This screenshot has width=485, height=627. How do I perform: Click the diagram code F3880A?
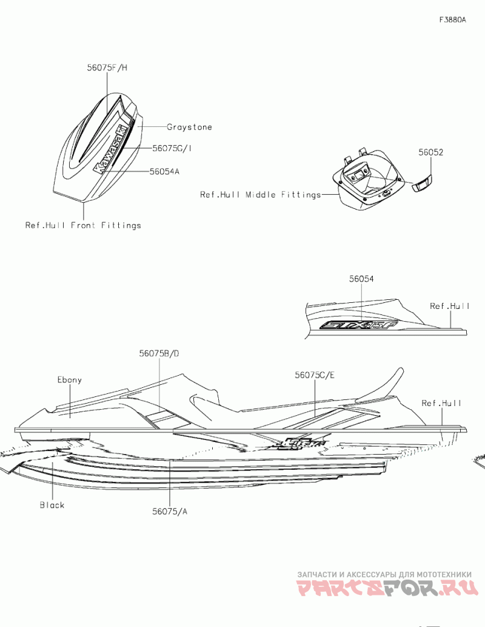[453, 20]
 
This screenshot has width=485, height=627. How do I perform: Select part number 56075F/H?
[107, 69]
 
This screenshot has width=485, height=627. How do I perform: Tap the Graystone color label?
[190, 127]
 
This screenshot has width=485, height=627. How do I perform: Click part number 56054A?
[165, 172]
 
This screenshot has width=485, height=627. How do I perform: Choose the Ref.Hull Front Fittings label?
[83, 225]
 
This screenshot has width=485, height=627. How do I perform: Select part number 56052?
[430, 153]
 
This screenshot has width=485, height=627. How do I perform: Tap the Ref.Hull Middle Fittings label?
[261, 195]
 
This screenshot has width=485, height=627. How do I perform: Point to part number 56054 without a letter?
[361, 279]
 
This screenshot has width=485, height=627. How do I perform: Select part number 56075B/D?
[159, 353]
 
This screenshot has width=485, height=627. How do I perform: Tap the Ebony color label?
[70, 380]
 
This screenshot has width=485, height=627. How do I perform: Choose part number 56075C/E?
[315, 375]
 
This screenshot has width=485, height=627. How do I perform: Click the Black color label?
[52, 505]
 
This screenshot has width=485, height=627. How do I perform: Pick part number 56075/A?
[170, 512]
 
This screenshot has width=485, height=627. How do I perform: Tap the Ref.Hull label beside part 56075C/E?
[442, 403]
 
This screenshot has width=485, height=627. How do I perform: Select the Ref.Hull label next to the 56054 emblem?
[450, 307]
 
